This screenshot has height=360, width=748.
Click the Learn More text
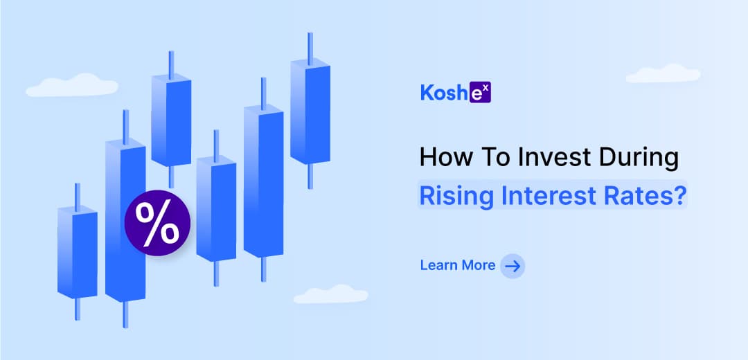[x=458, y=265]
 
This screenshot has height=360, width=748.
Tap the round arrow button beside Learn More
[x=513, y=266]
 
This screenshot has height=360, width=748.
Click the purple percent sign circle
[x=157, y=223]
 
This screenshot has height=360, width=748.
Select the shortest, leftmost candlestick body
[x=78, y=252]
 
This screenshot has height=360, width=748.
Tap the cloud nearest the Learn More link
[x=330, y=294]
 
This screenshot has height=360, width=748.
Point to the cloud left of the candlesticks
[x=72, y=85]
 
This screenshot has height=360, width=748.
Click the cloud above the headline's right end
[x=663, y=73]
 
